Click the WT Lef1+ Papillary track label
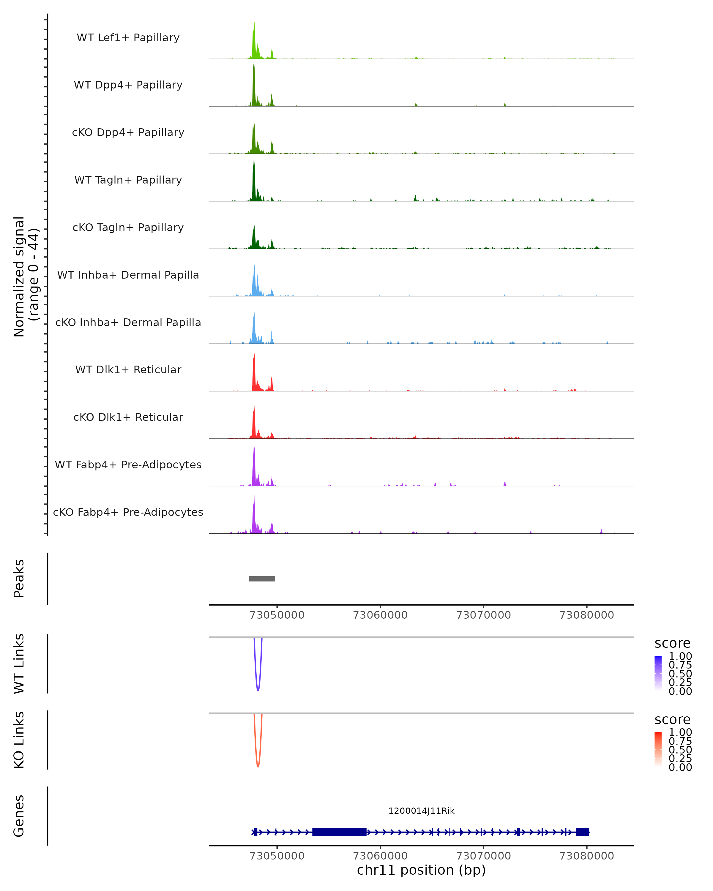coord(128,38)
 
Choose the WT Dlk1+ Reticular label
coord(128,369)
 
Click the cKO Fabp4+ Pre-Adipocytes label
coord(128,512)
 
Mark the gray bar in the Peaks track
coord(262,579)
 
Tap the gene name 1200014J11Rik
coord(421,811)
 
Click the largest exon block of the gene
coord(339,832)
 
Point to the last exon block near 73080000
coord(582,832)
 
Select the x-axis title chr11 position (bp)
coord(421,870)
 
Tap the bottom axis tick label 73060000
coord(380,855)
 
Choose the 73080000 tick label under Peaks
coord(586,615)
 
